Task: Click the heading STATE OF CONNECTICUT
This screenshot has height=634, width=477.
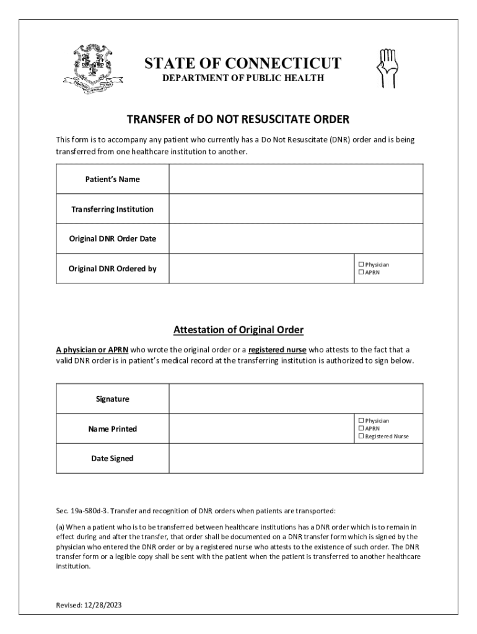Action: point(242,63)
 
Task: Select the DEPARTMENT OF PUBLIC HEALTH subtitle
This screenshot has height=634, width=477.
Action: point(243,78)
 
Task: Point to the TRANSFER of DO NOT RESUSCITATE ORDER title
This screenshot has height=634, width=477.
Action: point(239,119)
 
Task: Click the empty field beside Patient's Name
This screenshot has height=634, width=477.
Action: point(296,179)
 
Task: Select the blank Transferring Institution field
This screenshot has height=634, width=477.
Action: point(296,209)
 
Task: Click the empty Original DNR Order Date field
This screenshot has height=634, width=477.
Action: point(296,239)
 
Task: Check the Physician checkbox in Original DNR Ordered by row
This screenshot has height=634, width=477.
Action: point(361,264)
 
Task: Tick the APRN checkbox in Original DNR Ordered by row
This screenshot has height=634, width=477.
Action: point(361,272)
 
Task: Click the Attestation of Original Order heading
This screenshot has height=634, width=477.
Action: point(239,329)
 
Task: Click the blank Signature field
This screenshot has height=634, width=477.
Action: point(296,399)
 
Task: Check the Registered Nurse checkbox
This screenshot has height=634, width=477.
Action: point(361,436)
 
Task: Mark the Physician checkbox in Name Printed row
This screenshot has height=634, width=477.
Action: point(361,420)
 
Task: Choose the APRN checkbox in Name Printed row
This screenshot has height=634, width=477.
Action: point(361,428)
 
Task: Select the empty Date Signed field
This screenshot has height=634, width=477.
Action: point(296,459)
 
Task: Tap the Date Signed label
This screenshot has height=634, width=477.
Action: point(113,459)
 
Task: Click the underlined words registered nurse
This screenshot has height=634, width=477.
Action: point(277,350)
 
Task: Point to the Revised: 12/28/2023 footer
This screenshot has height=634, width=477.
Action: point(86,606)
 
